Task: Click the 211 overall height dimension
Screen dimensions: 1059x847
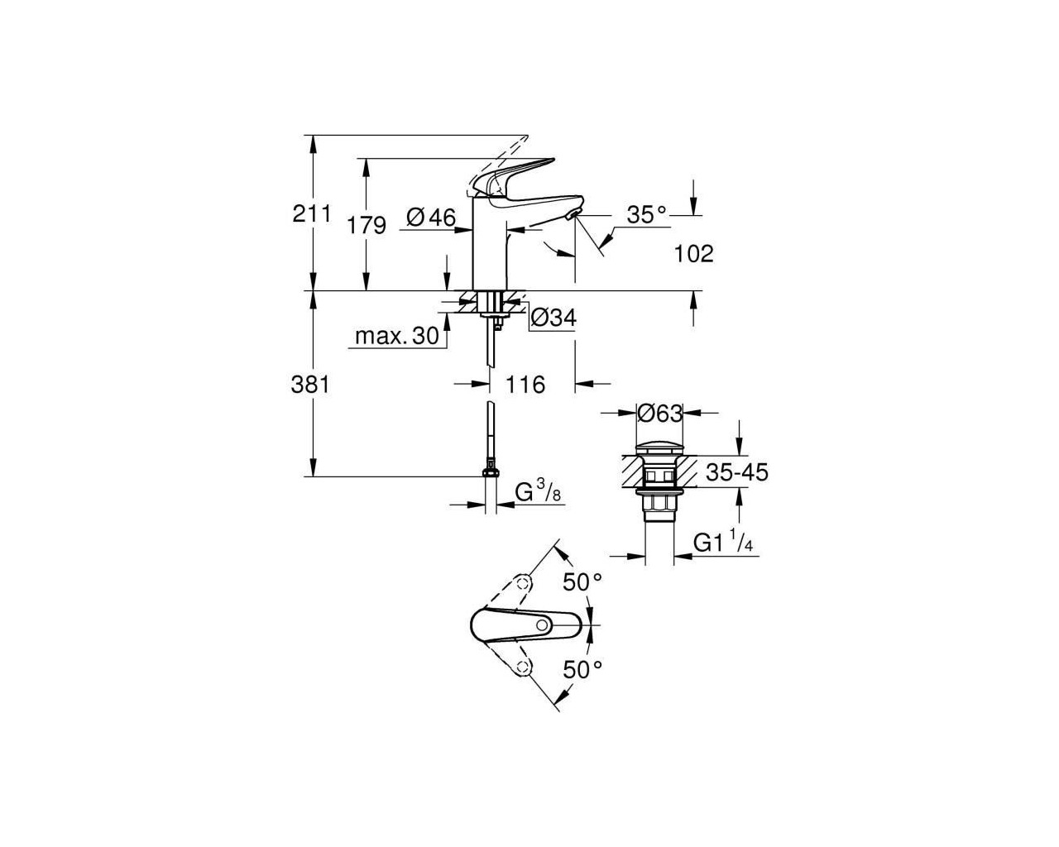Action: point(312,214)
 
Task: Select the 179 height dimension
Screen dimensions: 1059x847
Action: point(367,226)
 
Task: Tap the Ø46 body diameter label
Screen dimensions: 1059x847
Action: point(432,217)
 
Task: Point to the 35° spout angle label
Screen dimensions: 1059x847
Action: point(646,214)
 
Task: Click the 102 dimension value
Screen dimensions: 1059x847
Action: point(693,254)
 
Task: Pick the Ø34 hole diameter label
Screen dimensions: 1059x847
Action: point(553,318)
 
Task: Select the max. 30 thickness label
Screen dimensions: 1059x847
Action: point(396,336)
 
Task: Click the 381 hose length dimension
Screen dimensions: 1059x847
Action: point(310,384)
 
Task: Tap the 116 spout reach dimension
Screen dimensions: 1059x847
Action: point(525,384)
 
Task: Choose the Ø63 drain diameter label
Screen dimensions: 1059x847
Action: point(660,414)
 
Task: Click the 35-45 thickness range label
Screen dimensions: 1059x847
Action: point(736,472)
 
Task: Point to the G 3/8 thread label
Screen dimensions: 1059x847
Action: point(538,492)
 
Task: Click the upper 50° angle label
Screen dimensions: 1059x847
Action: point(582,582)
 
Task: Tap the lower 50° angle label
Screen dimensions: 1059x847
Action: point(582,669)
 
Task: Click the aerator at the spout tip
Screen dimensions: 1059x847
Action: point(573,214)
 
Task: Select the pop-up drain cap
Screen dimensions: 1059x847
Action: point(660,449)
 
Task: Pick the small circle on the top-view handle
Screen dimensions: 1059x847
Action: point(542,625)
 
